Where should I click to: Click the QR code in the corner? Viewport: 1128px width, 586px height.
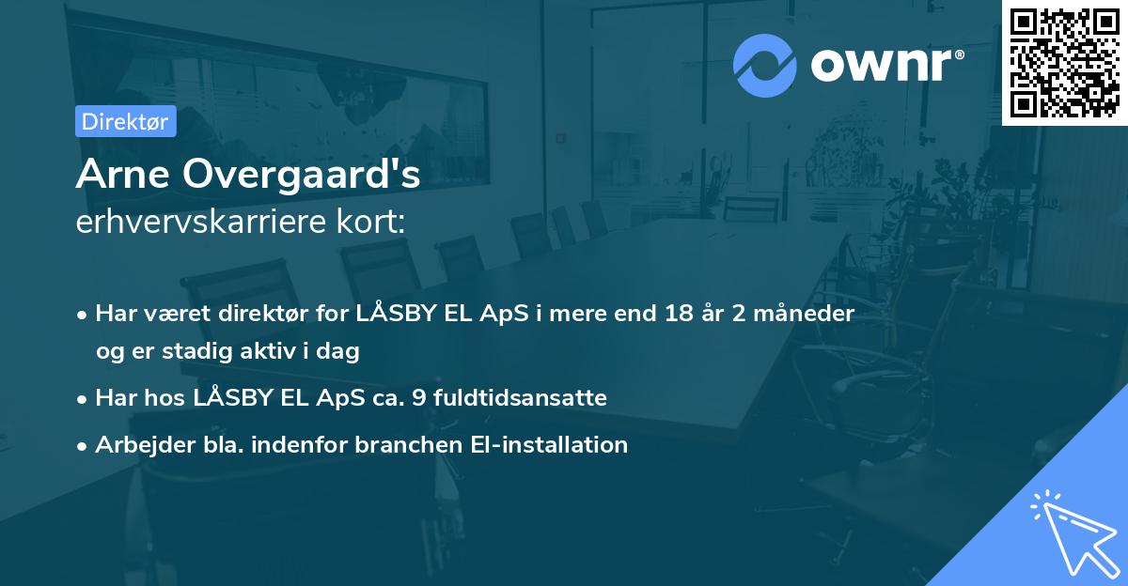[1064, 62]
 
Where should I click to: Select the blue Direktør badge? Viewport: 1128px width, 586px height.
[125, 121]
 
